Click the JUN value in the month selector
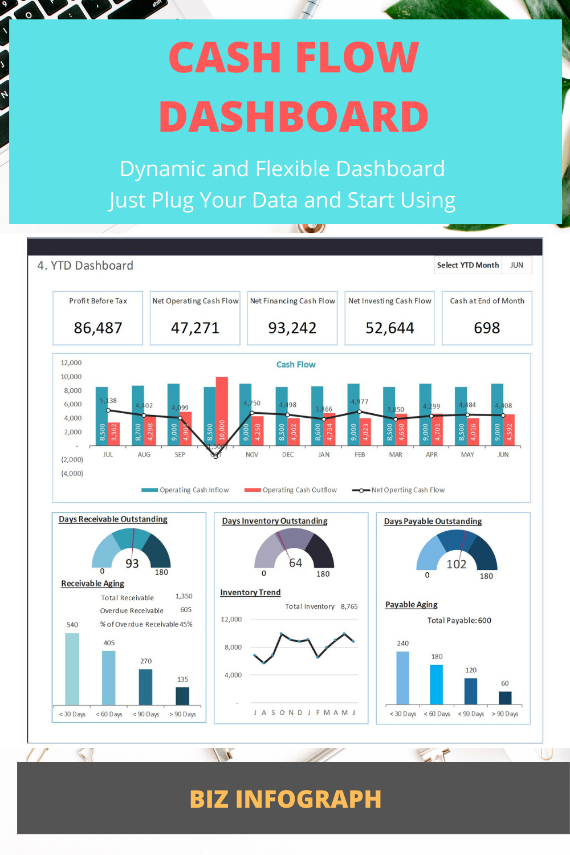516,265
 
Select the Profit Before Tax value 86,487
98,328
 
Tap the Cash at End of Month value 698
487,328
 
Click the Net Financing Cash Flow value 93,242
292,328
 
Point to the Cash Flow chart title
296,365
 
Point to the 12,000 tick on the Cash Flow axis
71,363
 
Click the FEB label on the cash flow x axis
360,455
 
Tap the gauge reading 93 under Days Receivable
132,564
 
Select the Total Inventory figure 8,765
349,606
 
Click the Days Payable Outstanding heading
433,522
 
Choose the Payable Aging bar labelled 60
505,698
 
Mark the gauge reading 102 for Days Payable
457,564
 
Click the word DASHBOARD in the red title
294,117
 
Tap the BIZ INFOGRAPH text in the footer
285,799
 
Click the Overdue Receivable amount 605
186,610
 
